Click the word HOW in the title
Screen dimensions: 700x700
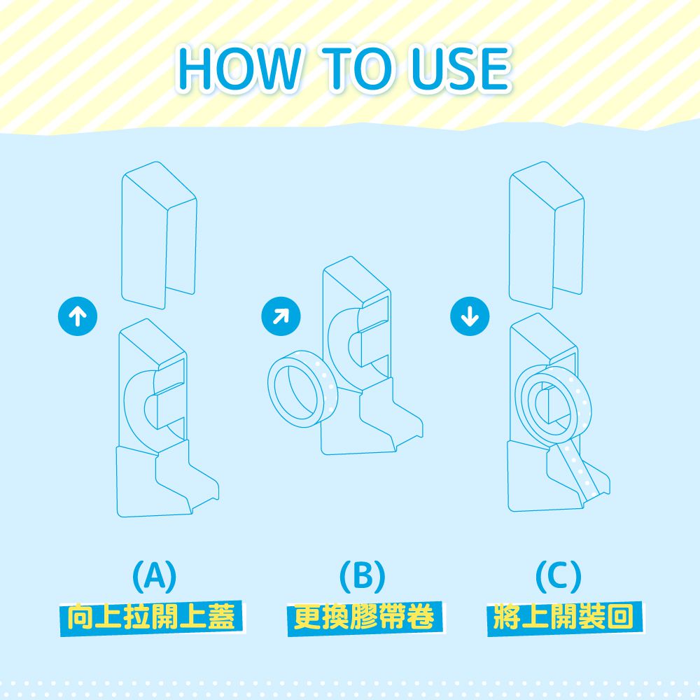coord(239,69)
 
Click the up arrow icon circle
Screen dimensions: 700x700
coord(78,316)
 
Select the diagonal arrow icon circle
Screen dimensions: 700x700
coord(281,316)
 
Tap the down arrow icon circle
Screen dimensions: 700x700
coord(470,316)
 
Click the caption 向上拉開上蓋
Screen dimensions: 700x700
coord(151,618)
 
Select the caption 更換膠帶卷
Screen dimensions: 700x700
coord(364,618)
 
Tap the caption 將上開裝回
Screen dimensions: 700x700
coord(564,618)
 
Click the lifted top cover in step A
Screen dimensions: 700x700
coord(159,235)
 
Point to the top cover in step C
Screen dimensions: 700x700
coord(547,235)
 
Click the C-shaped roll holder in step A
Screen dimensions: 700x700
coord(134,402)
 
